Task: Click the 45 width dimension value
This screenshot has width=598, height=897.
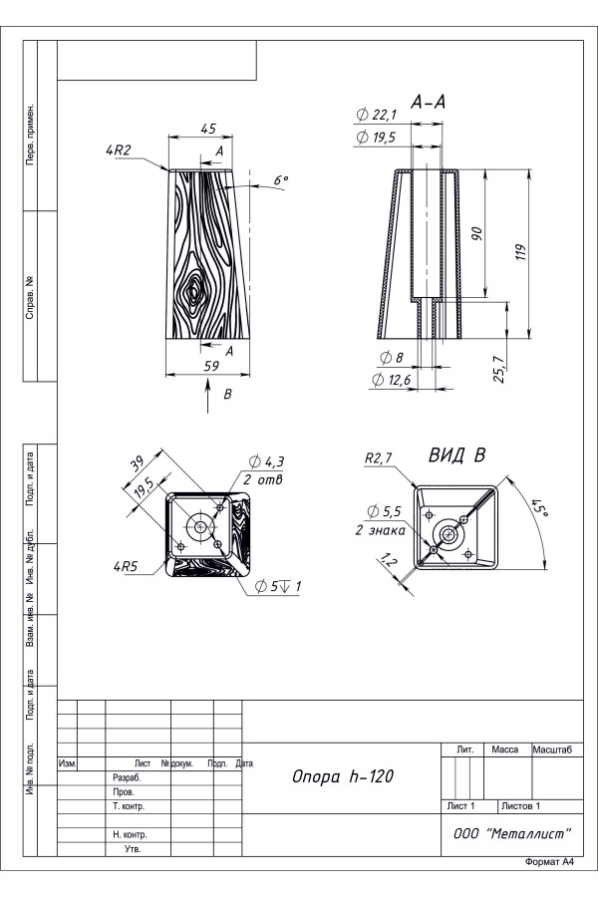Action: (x=208, y=129)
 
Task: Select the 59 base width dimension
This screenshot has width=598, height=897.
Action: (x=211, y=366)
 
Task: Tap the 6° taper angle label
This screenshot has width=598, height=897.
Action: (x=280, y=180)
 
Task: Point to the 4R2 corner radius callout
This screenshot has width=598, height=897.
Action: (x=119, y=150)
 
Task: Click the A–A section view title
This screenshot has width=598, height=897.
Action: (x=428, y=103)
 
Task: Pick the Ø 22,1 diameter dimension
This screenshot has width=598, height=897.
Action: (x=376, y=115)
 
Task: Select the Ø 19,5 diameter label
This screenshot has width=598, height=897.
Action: (x=376, y=138)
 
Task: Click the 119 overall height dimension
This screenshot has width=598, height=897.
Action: (x=520, y=252)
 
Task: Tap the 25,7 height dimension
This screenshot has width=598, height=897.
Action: (x=498, y=369)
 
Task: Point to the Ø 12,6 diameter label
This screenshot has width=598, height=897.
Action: (x=392, y=380)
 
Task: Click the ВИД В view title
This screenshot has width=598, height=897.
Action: (x=457, y=455)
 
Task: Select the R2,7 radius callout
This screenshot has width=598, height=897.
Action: (x=379, y=458)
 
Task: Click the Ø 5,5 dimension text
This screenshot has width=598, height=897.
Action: (x=384, y=511)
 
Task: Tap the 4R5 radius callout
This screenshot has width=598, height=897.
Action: (x=126, y=567)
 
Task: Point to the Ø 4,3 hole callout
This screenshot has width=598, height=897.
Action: (x=267, y=461)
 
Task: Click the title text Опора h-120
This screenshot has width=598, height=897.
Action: (x=343, y=776)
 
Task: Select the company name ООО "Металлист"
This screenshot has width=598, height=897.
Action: (x=512, y=833)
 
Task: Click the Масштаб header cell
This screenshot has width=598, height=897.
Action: (x=552, y=749)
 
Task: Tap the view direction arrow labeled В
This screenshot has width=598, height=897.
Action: (x=207, y=398)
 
